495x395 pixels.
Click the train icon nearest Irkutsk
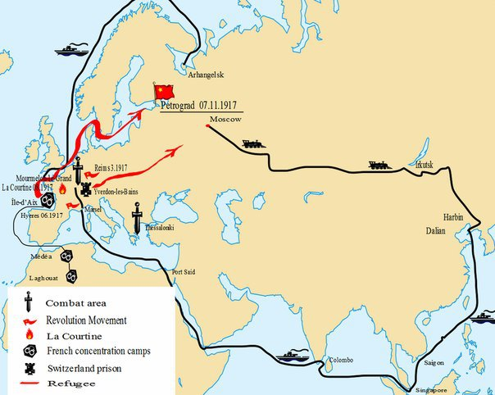pos(378,164)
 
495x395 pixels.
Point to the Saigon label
pos(435,361)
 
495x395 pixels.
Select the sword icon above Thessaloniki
pos(138,218)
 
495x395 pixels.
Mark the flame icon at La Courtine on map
pos(61,188)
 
